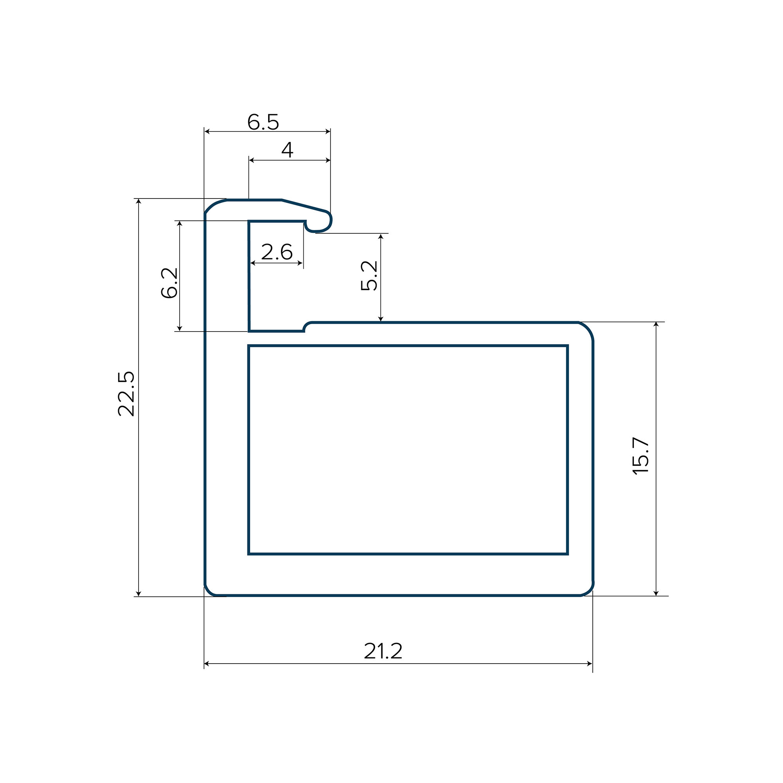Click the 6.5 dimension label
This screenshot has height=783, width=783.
coord(263,122)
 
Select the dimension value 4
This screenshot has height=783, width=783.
coord(287,150)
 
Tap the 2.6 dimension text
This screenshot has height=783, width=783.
coord(277,252)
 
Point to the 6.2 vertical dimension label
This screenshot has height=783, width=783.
coord(170,283)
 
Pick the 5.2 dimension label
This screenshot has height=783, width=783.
coord(369,276)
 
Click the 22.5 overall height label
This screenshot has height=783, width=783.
coord(126,393)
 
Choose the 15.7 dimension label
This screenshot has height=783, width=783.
coord(641,456)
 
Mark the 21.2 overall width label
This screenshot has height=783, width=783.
coord(383,651)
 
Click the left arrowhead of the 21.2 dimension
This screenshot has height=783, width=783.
coord(207,664)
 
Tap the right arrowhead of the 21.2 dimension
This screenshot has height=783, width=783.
coord(590,664)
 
